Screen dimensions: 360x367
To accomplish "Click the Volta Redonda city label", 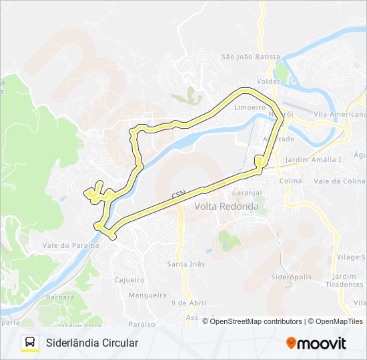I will [x=226, y=206].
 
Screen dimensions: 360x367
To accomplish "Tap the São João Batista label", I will [x=250, y=57].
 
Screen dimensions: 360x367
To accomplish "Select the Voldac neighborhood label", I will [x=269, y=80].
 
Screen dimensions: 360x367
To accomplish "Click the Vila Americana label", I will [x=338, y=115].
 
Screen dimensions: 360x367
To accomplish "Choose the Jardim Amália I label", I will [x=313, y=160].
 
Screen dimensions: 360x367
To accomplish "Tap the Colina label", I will [x=290, y=181].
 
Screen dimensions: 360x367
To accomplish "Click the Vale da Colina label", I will [x=340, y=181].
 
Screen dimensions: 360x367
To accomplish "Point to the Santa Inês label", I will [x=186, y=264].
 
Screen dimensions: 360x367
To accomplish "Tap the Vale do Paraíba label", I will [x=71, y=245].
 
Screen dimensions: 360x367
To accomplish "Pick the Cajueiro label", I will [x=129, y=280].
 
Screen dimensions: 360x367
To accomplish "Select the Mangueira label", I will [x=147, y=295].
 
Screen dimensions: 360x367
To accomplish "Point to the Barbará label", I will [x=61, y=297].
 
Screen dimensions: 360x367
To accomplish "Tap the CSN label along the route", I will [x=177, y=195].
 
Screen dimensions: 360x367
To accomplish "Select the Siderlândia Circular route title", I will [x=92, y=343].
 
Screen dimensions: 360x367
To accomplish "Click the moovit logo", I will [x=316, y=343].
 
